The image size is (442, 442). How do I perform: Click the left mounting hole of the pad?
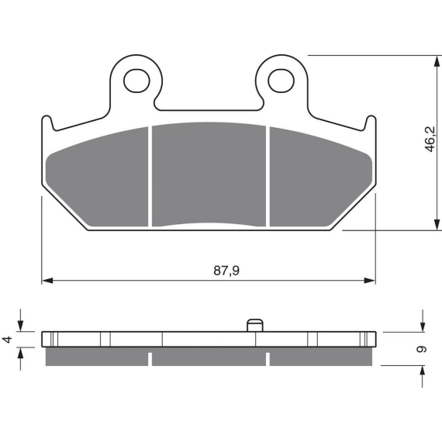(x=136, y=81)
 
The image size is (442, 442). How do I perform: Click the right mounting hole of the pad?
(x=281, y=81)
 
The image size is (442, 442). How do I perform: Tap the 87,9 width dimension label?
(x=226, y=271)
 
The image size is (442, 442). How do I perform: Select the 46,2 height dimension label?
(x=430, y=139)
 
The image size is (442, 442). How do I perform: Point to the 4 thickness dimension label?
(x=8, y=339)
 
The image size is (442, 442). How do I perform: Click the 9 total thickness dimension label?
(x=421, y=349)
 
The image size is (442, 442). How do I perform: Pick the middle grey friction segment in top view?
(x=209, y=174)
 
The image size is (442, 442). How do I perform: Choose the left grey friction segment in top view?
(x=97, y=177)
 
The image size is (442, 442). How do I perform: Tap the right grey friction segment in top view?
(x=321, y=177)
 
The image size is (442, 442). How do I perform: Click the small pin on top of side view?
(x=255, y=326)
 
